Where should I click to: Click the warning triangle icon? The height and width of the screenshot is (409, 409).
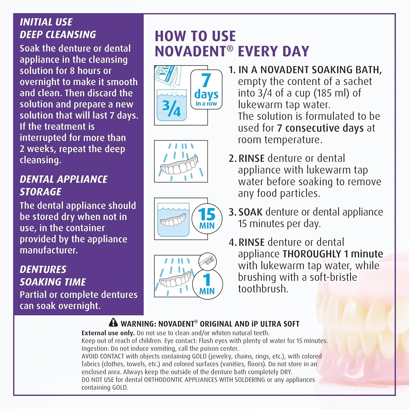[x=113, y=322]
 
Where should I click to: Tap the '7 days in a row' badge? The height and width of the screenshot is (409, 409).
[x=206, y=89]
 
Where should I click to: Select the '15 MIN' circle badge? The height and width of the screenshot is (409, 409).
[x=207, y=219]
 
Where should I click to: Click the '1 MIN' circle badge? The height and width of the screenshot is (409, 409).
[x=207, y=284]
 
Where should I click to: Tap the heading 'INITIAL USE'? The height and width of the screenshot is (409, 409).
[x=46, y=22]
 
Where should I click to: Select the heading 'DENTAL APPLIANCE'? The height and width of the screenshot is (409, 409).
[x=63, y=179]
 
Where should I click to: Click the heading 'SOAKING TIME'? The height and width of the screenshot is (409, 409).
[x=53, y=282]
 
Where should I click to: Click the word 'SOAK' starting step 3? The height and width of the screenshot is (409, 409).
[x=250, y=212]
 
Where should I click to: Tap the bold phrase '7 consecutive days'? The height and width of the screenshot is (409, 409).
[x=320, y=128]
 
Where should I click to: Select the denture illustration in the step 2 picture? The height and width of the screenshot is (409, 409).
[x=179, y=167]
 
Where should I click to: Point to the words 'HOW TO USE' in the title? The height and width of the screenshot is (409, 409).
[x=195, y=36]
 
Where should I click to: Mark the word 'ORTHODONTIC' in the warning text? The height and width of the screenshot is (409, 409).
[x=163, y=380]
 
